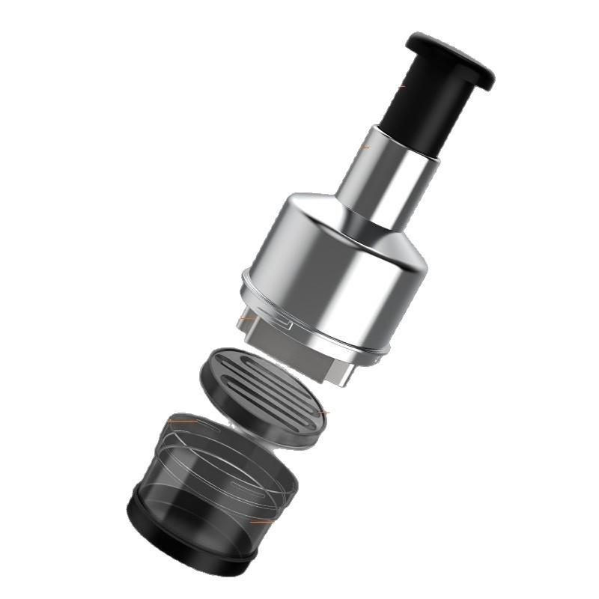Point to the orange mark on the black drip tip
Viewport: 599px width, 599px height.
(402, 86)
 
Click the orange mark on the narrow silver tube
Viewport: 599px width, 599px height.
(365, 147)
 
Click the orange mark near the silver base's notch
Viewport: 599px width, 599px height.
(244, 320)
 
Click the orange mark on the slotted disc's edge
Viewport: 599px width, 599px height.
(323, 412)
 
